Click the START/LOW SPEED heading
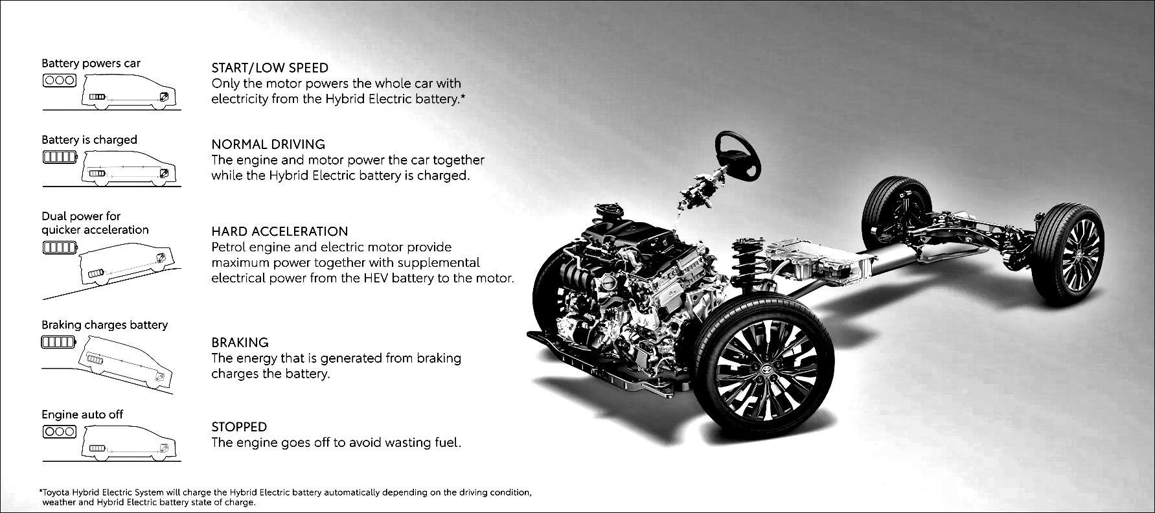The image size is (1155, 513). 269,67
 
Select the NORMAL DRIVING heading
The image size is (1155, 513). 268,144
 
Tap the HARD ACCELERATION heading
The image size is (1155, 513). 279,231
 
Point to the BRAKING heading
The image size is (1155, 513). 240,342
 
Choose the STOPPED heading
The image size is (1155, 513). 239,427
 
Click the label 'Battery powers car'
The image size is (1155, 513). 91,63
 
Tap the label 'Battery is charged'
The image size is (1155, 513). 89,140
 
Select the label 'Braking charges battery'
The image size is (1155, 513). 104,325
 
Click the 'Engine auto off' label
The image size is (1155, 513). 82,415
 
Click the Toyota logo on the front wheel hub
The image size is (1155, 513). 770,369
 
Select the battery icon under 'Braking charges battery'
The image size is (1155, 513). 60,341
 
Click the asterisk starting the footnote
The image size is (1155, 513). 41,492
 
